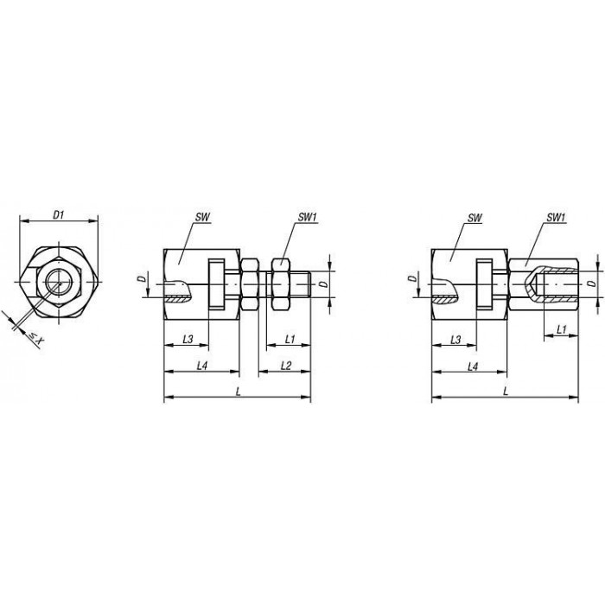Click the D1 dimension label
(58, 215)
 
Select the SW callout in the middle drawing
(202, 217)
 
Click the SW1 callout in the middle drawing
(307, 217)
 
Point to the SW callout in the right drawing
(475, 218)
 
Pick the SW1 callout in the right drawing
(556, 218)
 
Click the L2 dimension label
(286, 366)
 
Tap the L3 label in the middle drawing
(188, 339)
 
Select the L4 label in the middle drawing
(202, 366)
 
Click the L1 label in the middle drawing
(290, 339)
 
